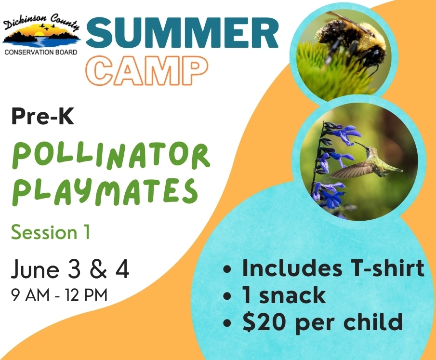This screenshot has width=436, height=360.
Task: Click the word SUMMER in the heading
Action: (x=182, y=33)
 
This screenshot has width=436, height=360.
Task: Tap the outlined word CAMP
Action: (x=146, y=70)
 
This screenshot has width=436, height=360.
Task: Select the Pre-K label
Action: (x=43, y=117)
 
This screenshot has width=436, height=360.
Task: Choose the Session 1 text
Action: (x=51, y=232)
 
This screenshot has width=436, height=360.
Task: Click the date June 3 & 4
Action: (x=70, y=269)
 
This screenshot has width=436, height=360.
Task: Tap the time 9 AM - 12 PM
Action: (x=59, y=295)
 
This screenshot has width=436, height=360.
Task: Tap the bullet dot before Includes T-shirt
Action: (x=227, y=269)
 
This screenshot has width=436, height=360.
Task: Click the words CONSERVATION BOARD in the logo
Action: (x=41, y=52)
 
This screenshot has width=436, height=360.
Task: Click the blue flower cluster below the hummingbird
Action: (x=328, y=194)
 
